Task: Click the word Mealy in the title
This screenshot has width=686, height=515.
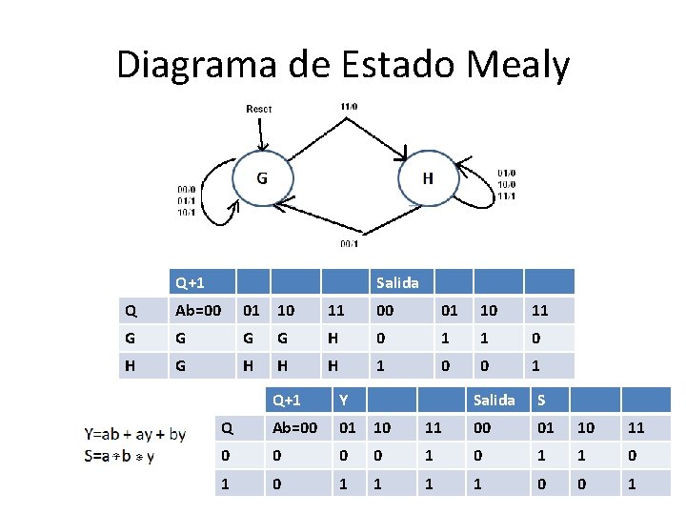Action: tap(518, 65)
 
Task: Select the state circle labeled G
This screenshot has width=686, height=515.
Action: tap(261, 177)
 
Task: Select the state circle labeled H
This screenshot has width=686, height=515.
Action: tap(428, 178)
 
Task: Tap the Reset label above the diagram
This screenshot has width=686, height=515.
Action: tap(259, 109)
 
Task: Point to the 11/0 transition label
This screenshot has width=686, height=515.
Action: tap(349, 106)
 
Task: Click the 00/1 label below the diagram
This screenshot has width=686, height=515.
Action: tap(350, 243)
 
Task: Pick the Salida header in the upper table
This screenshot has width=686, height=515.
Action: tap(397, 282)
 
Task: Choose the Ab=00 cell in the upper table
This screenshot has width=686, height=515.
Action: tap(198, 310)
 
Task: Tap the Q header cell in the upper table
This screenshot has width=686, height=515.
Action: tap(131, 310)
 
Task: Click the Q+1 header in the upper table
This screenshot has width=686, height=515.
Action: tap(191, 282)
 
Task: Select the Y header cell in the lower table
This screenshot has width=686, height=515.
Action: tap(344, 400)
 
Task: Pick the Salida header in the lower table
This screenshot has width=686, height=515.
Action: tap(494, 400)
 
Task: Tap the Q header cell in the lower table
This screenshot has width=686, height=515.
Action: tap(227, 428)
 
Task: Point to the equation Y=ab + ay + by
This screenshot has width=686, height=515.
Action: tap(135, 435)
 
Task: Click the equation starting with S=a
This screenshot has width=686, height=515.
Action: tap(120, 456)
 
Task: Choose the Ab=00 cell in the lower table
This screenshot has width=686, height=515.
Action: tap(295, 428)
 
